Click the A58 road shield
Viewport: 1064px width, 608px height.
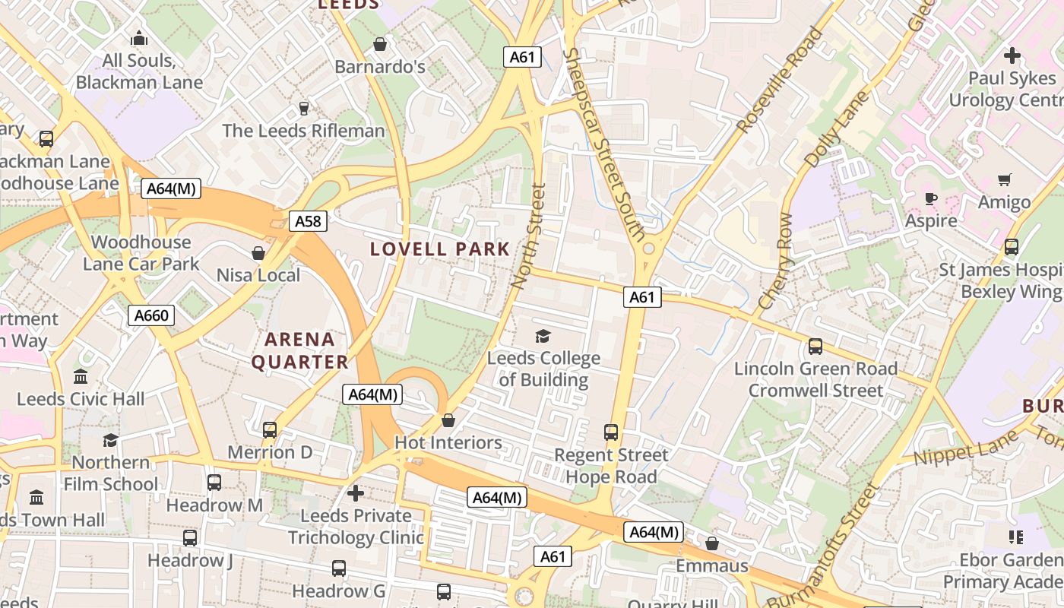click(308, 221)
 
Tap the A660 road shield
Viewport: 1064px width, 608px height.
click(150, 315)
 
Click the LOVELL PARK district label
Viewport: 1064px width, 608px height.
click(440, 249)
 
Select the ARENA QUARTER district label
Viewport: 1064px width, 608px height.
click(299, 351)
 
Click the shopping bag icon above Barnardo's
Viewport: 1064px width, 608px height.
click(379, 44)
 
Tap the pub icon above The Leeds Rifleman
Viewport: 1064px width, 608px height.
click(304, 108)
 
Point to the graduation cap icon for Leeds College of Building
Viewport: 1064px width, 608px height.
click(543, 336)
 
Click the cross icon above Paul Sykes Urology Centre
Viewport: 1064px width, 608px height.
click(1012, 55)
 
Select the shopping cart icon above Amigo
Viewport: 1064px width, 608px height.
click(1004, 180)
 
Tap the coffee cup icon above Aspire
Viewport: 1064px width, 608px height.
click(931, 199)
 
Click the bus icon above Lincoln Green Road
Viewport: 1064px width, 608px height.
click(815, 347)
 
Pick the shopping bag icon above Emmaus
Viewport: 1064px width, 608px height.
click(712, 543)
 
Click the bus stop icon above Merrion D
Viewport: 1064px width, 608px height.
click(269, 430)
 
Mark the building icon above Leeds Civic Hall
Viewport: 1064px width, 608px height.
click(81, 377)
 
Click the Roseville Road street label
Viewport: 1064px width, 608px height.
click(781, 81)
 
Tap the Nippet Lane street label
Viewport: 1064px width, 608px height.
click(964, 449)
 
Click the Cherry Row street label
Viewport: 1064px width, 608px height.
click(774, 262)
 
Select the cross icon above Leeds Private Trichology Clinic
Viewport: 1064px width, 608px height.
click(356, 494)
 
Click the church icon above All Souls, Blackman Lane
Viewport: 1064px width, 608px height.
click(139, 38)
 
